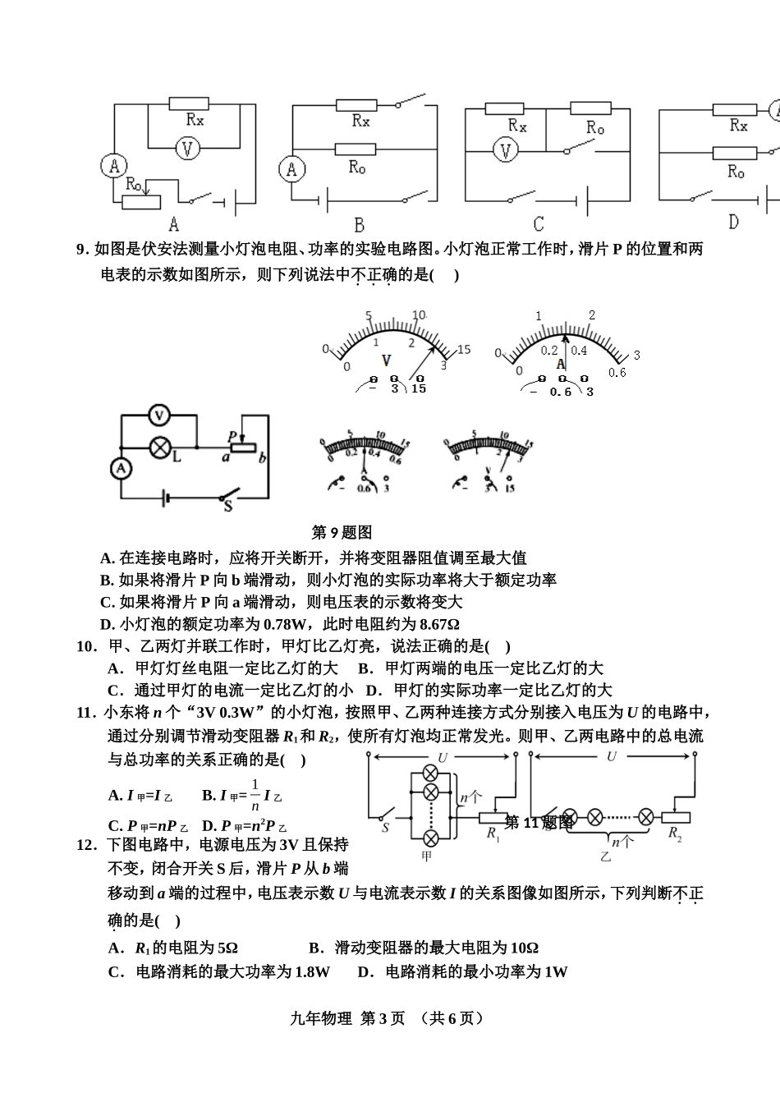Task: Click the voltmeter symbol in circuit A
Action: [188, 149]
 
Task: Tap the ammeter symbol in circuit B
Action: [291, 169]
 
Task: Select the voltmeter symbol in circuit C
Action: [506, 151]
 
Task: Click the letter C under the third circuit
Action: [539, 224]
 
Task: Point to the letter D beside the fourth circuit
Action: [733, 222]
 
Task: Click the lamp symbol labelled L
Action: [159, 447]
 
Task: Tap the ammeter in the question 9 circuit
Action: [122, 468]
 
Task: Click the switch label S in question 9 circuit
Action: [228, 507]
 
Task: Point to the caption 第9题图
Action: [342, 532]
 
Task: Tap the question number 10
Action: [87, 646]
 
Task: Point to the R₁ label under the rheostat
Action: [493, 834]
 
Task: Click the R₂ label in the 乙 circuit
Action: [675, 834]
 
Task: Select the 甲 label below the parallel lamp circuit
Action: [425, 856]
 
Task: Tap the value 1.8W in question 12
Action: [310, 972]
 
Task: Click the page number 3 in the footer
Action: [366, 1018]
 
